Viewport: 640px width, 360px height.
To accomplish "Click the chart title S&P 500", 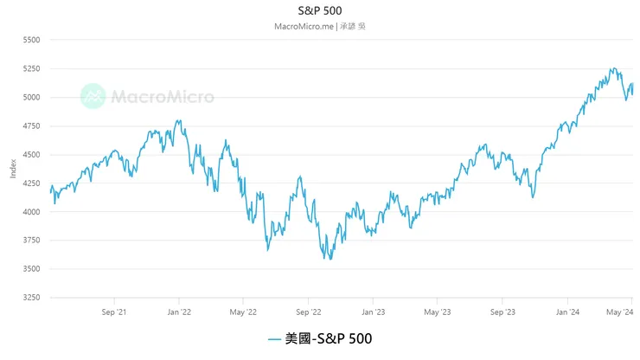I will pyautogui.click(x=319, y=10).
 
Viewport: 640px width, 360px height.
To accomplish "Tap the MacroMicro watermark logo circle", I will pyautogui.click(x=93, y=96).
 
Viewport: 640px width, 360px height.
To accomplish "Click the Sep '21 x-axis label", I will pyautogui.click(x=114, y=311).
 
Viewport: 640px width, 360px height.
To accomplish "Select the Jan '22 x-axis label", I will pyautogui.click(x=179, y=311).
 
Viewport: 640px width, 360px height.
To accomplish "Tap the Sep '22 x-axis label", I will pyautogui.click(x=309, y=311).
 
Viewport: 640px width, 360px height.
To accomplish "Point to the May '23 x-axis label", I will pyautogui.click(x=438, y=311).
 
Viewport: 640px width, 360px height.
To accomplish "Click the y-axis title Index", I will pyautogui.click(x=12, y=169).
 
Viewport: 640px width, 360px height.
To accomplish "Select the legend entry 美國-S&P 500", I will pyautogui.click(x=319, y=339).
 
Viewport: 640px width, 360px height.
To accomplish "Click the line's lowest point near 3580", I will pyautogui.click(x=329, y=259).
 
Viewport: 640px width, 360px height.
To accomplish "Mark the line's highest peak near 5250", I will pyautogui.click(x=612, y=68).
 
